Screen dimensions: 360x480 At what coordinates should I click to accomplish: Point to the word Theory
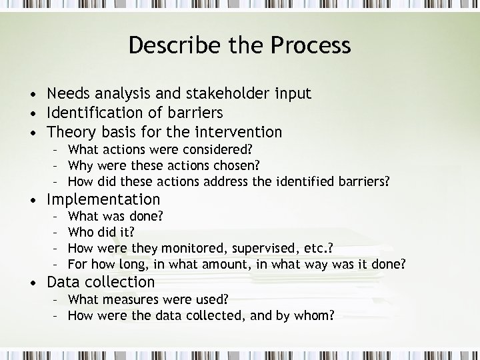click(72, 132)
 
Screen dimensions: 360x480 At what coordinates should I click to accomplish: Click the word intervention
click(236, 132)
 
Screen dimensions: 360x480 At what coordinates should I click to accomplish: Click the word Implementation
click(103, 199)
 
